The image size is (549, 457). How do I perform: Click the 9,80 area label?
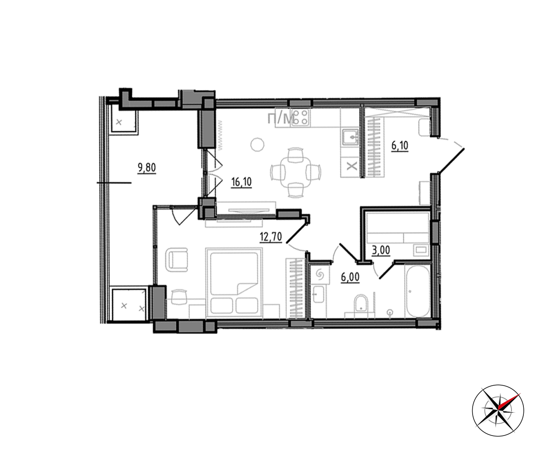click(147, 167)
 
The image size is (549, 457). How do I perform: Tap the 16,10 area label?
click(242, 182)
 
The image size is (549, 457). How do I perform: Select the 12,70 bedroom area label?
click(271, 237)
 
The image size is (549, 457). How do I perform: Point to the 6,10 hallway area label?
click(400, 145)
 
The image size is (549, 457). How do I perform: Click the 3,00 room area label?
click(381, 250)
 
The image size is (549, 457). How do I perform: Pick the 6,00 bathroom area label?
click(350, 277)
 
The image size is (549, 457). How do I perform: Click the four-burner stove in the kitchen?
click(301, 117)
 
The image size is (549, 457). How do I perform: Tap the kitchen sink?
click(350, 137)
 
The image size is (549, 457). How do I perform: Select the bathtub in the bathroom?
click(417, 292)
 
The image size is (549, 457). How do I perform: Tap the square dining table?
click(296, 173)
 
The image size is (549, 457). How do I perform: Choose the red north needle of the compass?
click(509, 402)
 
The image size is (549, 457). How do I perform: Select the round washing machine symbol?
click(321, 275)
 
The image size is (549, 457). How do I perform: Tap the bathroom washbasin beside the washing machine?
click(318, 294)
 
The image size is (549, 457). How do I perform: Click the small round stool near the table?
click(257, 144)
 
